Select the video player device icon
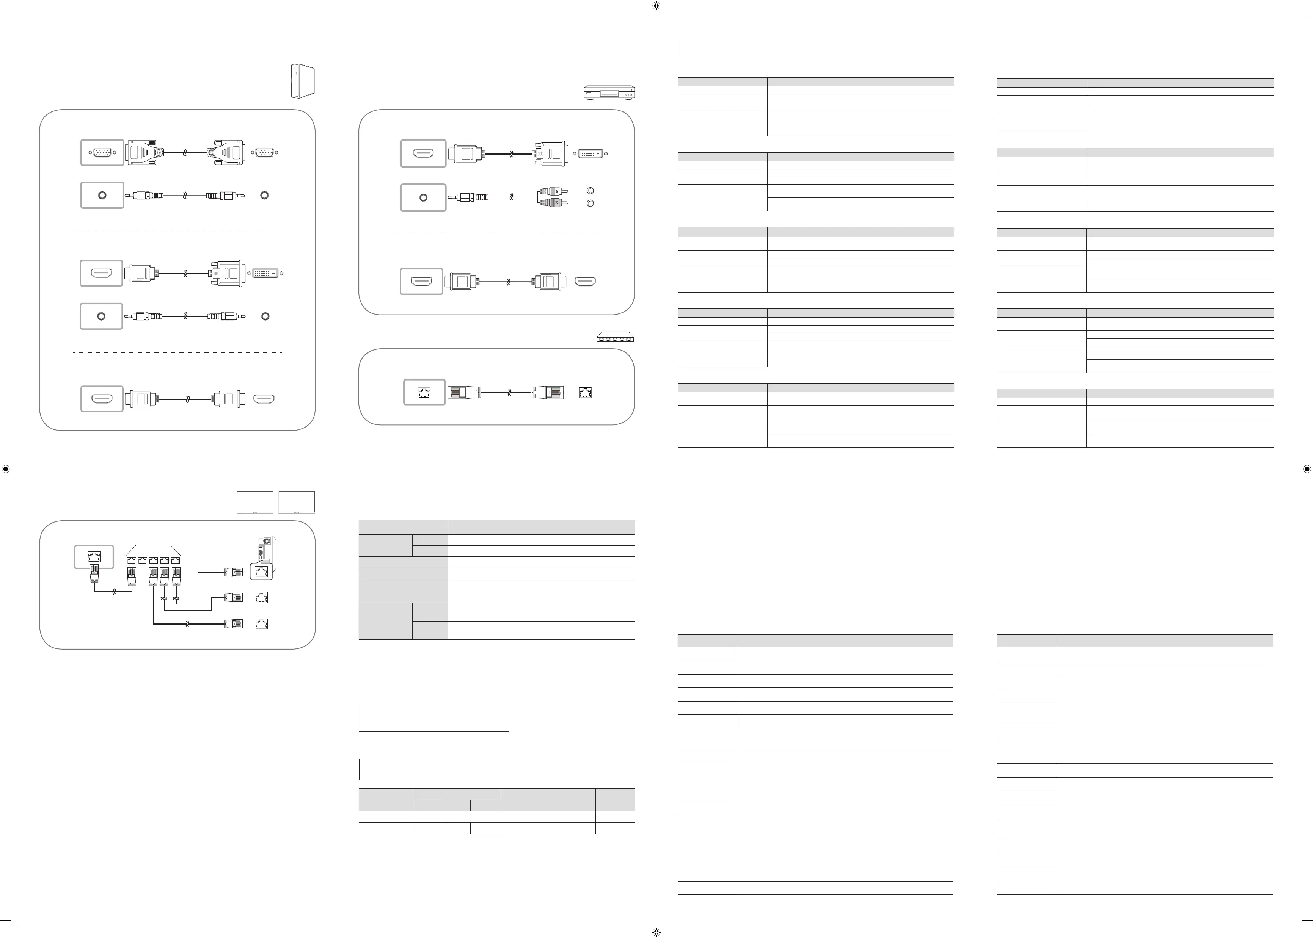pos(609,92)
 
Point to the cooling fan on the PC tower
pos(266,542)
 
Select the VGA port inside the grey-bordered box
pos(102,152)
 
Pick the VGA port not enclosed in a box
pos(265,152)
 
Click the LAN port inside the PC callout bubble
pos(261,572)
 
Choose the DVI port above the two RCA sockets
pos(591,153)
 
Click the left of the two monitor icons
pos(255,501)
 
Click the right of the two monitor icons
pos(297,501)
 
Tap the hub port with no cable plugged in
pos(142,560)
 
